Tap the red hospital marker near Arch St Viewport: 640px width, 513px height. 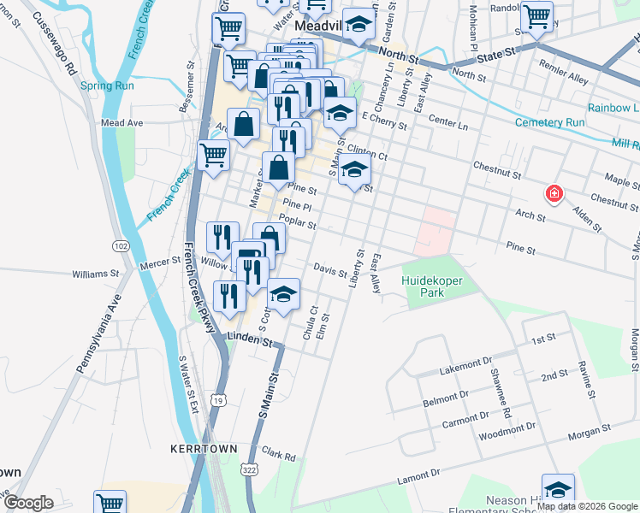click(x=554, y=194)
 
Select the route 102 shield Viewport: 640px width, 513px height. click(x=121, y=246)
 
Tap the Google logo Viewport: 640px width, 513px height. click(x=28, y=503)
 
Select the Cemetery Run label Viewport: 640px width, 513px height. click(x=549, y=123)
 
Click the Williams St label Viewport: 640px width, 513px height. click(x=96, y=274)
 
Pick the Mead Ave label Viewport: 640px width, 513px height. click(x=121, y=123)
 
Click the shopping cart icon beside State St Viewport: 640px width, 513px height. click(x=536, y=16)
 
